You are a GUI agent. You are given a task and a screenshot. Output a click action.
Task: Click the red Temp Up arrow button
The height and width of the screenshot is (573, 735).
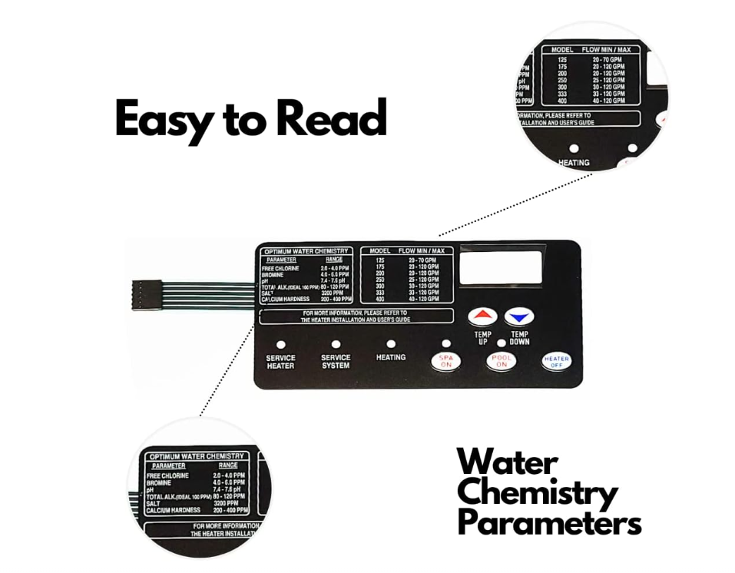coord(482,316)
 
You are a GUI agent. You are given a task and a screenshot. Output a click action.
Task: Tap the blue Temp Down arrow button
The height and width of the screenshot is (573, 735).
coord(520,316)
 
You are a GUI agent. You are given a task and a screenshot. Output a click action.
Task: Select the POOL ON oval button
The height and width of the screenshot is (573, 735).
coord(501,362)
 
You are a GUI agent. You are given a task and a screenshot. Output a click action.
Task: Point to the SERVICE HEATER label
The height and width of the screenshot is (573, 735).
coord(280,362)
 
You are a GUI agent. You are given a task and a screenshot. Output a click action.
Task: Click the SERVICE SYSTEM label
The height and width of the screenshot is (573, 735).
coord(336,362)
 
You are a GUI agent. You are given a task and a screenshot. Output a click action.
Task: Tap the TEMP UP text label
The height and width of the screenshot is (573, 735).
coord(482,338)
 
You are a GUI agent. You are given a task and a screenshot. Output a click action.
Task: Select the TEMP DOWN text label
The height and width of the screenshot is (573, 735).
coord(520,338)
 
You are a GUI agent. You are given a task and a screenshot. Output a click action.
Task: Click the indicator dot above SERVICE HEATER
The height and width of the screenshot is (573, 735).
coord(280,345)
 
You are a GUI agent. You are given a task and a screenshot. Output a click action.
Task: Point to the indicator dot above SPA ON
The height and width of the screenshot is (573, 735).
coord(446,344)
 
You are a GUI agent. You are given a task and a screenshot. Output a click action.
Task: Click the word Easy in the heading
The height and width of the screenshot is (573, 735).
coord(162,118)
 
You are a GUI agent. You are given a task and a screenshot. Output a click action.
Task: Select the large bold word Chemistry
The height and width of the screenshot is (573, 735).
coord(538,493)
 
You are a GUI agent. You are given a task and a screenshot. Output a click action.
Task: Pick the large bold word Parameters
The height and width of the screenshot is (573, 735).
coord(549,523)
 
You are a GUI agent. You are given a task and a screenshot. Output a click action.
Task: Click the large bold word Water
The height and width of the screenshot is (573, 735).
coord(507,462)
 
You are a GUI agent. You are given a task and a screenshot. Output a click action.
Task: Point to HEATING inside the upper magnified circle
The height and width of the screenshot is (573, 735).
coord(574,162)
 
